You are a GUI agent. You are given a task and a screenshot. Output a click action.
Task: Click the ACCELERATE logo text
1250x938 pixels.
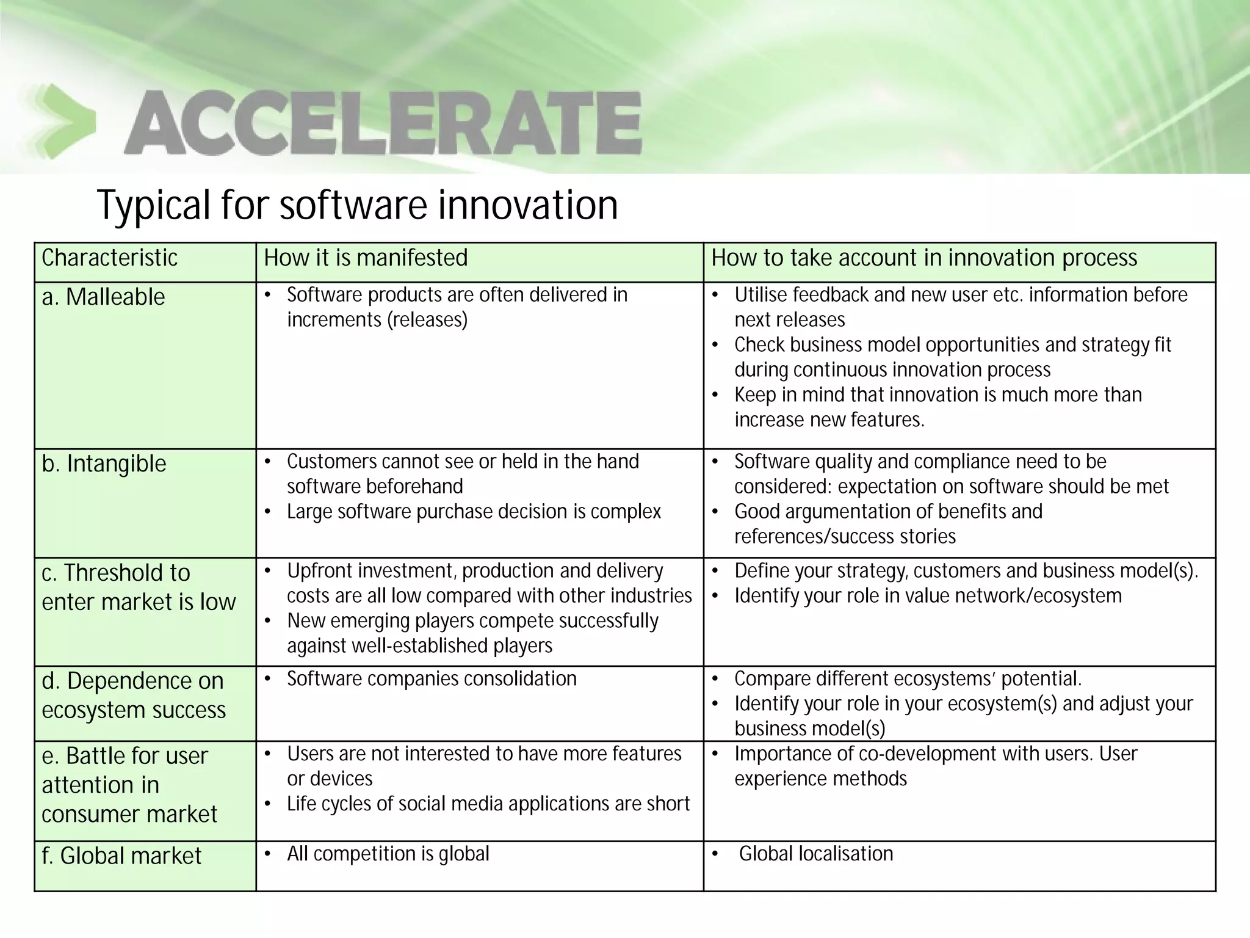383,123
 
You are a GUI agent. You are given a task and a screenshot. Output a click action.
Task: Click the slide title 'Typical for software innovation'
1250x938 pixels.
357,205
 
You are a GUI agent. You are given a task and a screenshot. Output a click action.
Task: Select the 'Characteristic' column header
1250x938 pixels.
109,258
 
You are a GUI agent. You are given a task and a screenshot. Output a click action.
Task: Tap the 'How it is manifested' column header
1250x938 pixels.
366,258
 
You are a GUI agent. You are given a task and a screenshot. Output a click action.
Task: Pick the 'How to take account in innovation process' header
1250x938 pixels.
924,258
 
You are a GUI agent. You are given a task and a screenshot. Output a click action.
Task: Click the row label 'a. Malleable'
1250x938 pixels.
103,297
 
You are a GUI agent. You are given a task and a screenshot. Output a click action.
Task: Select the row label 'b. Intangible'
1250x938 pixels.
104,464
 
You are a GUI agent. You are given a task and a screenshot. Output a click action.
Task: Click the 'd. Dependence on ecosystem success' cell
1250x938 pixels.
133,696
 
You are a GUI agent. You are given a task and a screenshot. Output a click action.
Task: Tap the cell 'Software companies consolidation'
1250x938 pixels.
431,678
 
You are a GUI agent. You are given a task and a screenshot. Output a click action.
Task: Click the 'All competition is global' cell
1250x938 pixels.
388,853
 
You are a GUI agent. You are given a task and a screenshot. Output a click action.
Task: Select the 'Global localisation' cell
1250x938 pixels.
815,853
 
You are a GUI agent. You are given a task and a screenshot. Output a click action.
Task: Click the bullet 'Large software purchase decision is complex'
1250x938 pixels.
474,511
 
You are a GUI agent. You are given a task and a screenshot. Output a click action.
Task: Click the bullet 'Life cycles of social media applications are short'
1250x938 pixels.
488,804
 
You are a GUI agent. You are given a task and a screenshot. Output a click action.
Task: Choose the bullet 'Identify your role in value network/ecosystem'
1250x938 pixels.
928,595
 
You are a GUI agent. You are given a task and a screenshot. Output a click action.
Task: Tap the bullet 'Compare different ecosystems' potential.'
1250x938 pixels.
908,678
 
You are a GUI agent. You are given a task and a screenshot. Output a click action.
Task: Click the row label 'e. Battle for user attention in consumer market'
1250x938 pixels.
129,785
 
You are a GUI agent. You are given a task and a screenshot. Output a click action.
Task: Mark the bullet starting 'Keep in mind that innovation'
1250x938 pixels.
937,407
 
